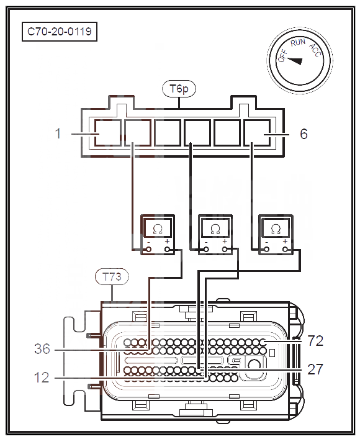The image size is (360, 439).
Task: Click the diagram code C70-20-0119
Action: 60,31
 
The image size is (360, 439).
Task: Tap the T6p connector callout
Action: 179,89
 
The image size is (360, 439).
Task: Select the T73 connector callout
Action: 112,277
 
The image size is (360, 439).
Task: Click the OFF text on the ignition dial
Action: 283,55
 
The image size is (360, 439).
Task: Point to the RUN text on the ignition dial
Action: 298,43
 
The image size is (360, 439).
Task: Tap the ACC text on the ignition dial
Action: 315,50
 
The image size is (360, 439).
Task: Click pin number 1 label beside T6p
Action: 58,134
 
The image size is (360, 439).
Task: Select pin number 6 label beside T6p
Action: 304,134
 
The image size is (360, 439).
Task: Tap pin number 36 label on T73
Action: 42,349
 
